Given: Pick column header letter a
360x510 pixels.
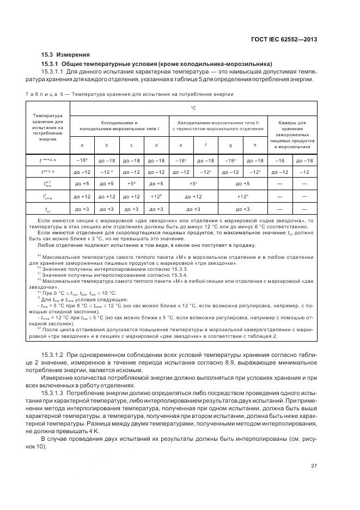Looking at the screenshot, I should [x=82, y=145].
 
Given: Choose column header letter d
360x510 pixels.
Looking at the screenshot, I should [x=156, y=145].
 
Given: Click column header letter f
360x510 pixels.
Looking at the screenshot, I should [x=205, y=145].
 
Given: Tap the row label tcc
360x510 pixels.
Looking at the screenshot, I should [x=48, y=209].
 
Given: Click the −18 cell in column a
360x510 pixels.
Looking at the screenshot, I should [x=82, y=161].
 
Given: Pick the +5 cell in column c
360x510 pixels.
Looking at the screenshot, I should [x=131, y=184].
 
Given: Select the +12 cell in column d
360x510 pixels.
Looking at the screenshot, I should [x=156, y=197].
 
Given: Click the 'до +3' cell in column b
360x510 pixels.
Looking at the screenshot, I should [x=107, y=209].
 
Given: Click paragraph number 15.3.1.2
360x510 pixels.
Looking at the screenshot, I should [x=54, y=355].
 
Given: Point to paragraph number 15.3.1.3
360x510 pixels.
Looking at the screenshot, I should [x=54, y=392].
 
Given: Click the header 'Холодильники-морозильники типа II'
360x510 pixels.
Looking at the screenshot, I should [x=218, y=126].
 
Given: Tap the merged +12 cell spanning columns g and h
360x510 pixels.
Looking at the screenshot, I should [x=242, y=197].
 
